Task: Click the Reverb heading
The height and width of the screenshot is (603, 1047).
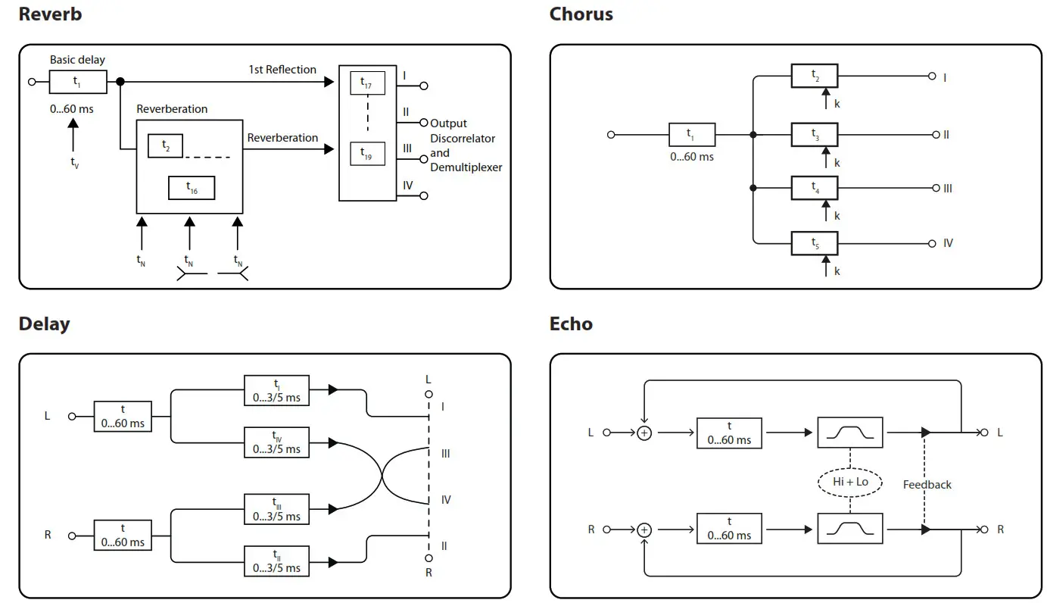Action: click(x=50, y=14)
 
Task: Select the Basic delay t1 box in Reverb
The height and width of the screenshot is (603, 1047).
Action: click(x=77, y=81)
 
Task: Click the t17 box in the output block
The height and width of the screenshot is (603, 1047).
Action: click(x=367, y=83)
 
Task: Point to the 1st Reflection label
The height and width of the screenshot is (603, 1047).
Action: click(x=282, y=70)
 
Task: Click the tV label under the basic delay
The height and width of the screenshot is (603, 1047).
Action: click(x=74, y=162)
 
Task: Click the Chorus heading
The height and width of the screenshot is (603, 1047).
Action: click(x=581, y=14)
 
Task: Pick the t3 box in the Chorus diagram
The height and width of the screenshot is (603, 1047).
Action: click(x=815, y=135)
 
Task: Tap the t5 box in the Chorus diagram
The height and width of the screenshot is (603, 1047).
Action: click(x=815, y=243)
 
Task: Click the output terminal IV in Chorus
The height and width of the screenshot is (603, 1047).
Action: click(x=932, y=243)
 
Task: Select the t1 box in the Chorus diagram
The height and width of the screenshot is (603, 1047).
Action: click(x=691, y=135)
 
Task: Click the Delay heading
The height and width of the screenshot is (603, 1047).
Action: click(x=44, y=323)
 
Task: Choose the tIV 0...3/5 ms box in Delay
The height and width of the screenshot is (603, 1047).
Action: click(x=276, y=442)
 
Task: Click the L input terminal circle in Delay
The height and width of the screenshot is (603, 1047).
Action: click(x=72, y=416)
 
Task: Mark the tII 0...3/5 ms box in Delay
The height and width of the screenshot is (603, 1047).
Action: click(x=276, y=561)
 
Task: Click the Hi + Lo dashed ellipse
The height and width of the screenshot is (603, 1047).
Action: click(x=850, y=482)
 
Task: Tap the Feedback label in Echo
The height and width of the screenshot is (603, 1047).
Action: click(x=927, y=485)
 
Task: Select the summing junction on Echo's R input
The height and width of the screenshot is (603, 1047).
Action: click(x=643, y=530)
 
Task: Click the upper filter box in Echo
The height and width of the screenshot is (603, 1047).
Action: click(x=850, y=433)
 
